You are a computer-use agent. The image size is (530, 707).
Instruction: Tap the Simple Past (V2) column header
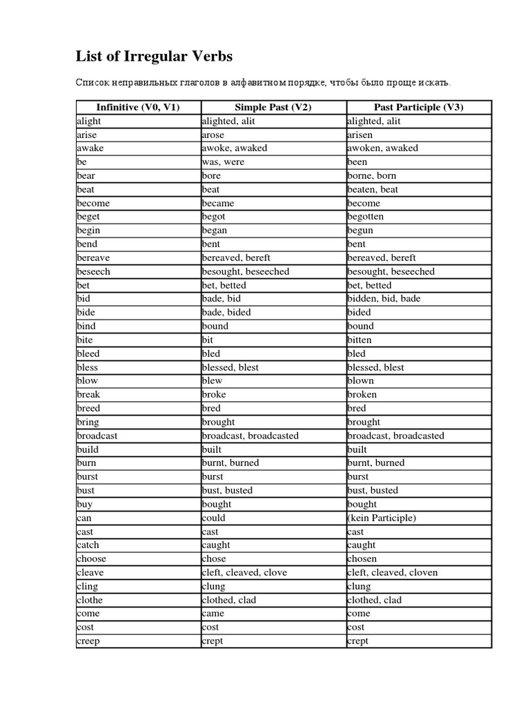coord(273,107)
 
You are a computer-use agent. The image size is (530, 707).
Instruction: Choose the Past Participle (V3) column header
coord(418,107)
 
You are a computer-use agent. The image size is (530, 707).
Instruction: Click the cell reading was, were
coord(223,162)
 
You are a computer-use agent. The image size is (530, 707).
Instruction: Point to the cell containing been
coord(357,162)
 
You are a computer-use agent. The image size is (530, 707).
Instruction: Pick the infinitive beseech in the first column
coord(94,271)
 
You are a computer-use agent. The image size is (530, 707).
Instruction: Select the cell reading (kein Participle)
coord(382,518)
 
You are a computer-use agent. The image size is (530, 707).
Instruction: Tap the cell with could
coord(214,518)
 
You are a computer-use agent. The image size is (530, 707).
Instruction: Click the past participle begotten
coord(366,217)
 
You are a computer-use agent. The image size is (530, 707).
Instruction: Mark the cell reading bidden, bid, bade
coord(384,299)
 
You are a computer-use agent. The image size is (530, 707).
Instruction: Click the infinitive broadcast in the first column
coord(97,436)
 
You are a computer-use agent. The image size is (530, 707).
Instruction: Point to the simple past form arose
coord(213,135)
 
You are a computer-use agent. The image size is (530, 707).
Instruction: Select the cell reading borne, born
coord(372,176)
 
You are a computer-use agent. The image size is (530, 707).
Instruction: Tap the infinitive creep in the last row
coord(88,641)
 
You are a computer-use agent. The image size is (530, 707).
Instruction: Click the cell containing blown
coord(360,380)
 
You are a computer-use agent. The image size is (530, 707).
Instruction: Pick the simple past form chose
coord(214,559)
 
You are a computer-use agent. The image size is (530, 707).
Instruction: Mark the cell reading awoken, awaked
coord(382,148)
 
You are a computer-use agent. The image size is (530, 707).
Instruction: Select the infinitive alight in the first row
coord(89,121)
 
